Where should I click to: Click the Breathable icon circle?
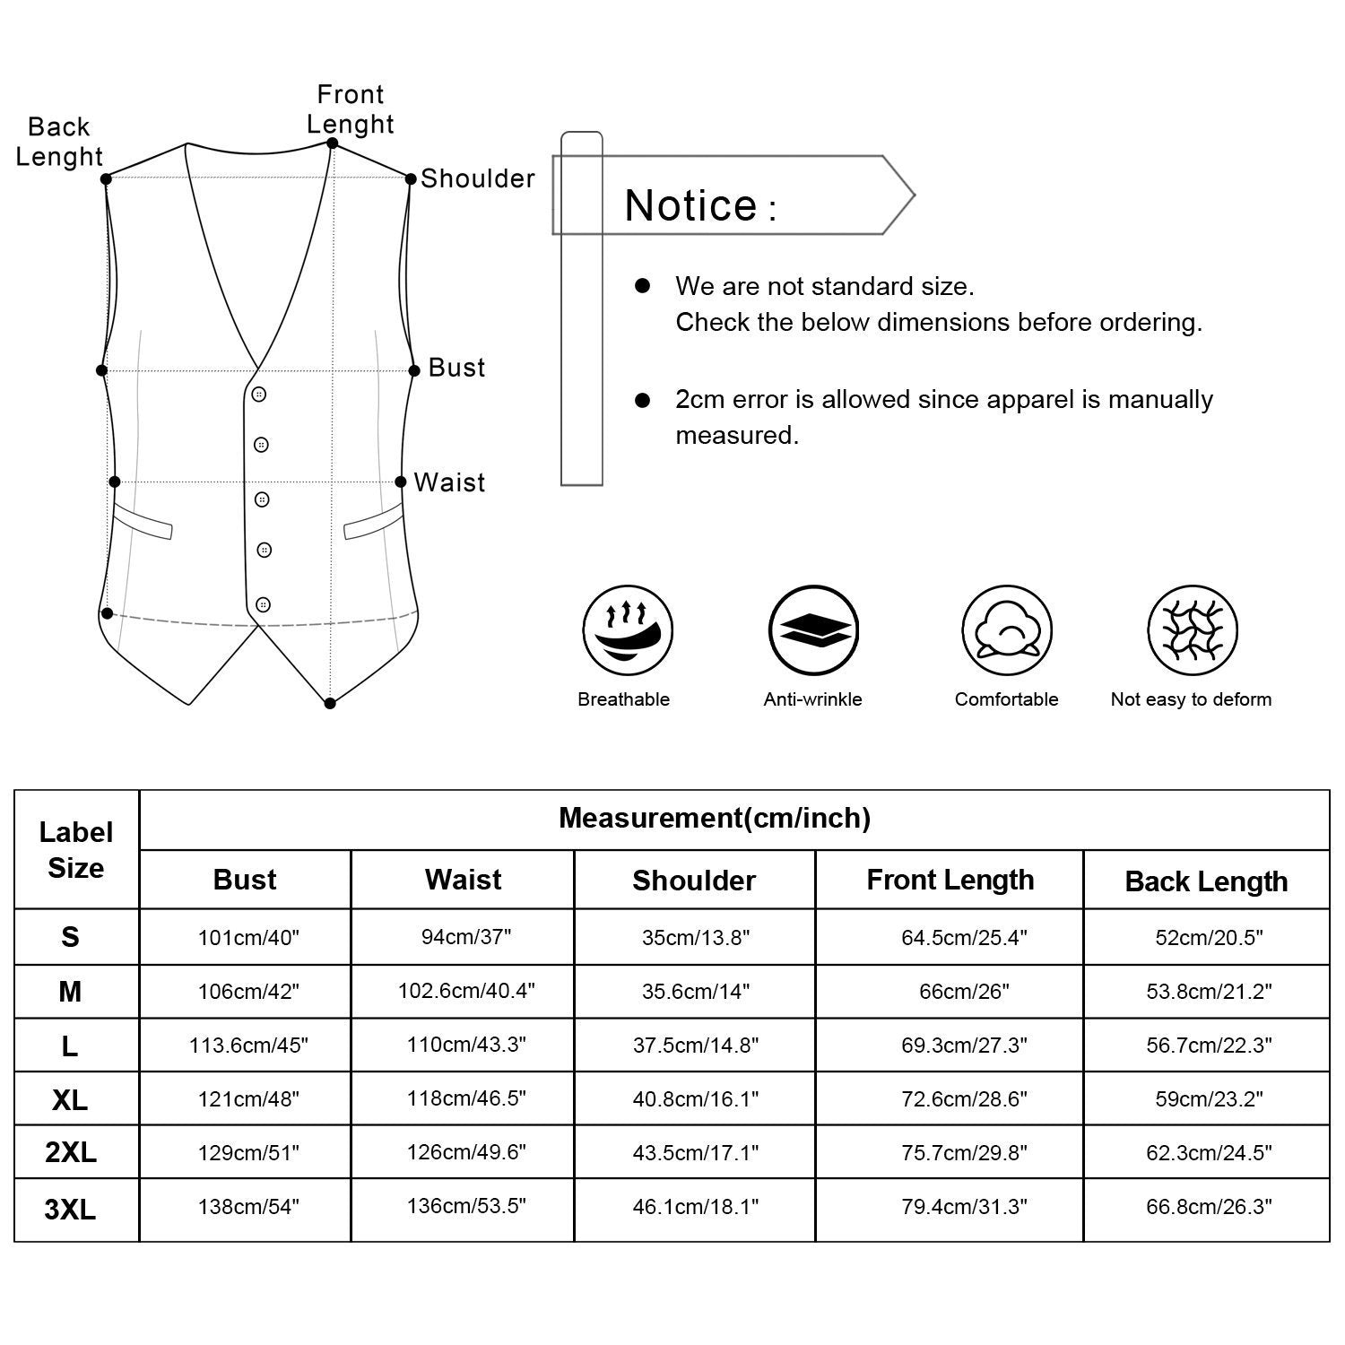628,630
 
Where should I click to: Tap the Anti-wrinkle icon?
813,630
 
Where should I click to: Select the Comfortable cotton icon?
1007,630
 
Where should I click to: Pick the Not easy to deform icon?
1193,630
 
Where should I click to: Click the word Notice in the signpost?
691,206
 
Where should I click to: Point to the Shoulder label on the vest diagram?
477,179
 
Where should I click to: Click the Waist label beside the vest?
449,483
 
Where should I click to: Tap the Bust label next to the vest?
456,368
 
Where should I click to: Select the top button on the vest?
259,395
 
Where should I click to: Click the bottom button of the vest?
263,604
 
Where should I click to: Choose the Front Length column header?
950,881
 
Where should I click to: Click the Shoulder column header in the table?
694,881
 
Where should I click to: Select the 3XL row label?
70,1210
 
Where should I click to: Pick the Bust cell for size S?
248,938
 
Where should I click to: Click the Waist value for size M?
466,991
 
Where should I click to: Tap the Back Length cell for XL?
1209,1098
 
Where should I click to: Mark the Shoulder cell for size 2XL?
696,1152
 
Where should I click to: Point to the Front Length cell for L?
964,1045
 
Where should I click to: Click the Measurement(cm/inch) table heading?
715,819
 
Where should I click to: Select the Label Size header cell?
76,850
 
